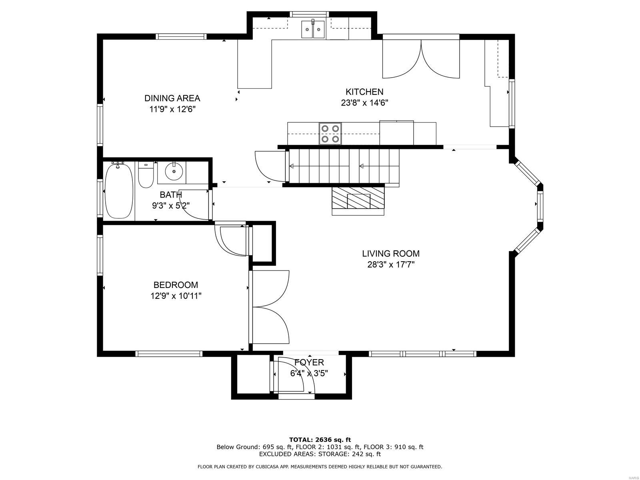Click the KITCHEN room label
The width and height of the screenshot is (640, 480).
tap(364, 92)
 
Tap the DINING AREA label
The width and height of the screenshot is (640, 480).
tap(172, 98)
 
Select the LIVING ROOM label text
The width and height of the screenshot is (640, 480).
tap(391, 253)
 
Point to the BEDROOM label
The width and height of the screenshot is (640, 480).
tap(176, 285)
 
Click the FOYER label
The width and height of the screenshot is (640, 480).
tap(309, 362)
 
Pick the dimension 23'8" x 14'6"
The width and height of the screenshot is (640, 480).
tap(364, 103)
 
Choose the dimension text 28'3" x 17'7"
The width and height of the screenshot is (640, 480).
tap(391, 264)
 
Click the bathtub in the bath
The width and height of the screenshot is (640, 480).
tap(119, 191)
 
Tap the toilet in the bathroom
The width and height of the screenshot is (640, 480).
tap(146, 176)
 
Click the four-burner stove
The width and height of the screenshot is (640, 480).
tap(330, 133)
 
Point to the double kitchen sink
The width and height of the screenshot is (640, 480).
tap(313, 29)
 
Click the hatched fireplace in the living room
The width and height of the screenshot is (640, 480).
tap(358, 200)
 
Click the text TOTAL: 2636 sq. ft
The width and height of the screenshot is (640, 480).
tap(320, 440)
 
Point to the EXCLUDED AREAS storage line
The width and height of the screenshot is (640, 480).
tap(320, 454)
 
